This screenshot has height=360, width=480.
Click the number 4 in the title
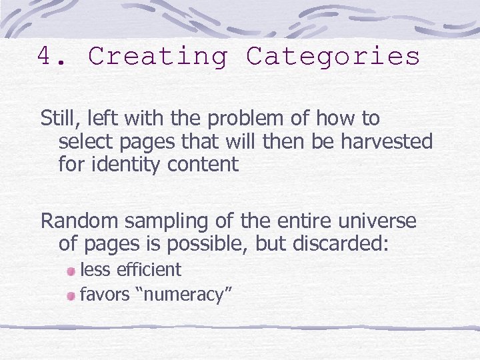point(45,57)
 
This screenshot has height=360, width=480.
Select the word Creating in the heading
point(158,57)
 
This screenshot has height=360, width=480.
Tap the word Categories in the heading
point(333,57)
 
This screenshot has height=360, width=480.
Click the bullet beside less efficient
point(71,271)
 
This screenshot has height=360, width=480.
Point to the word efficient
point(149,270)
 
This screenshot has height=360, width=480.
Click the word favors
point(105,295)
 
